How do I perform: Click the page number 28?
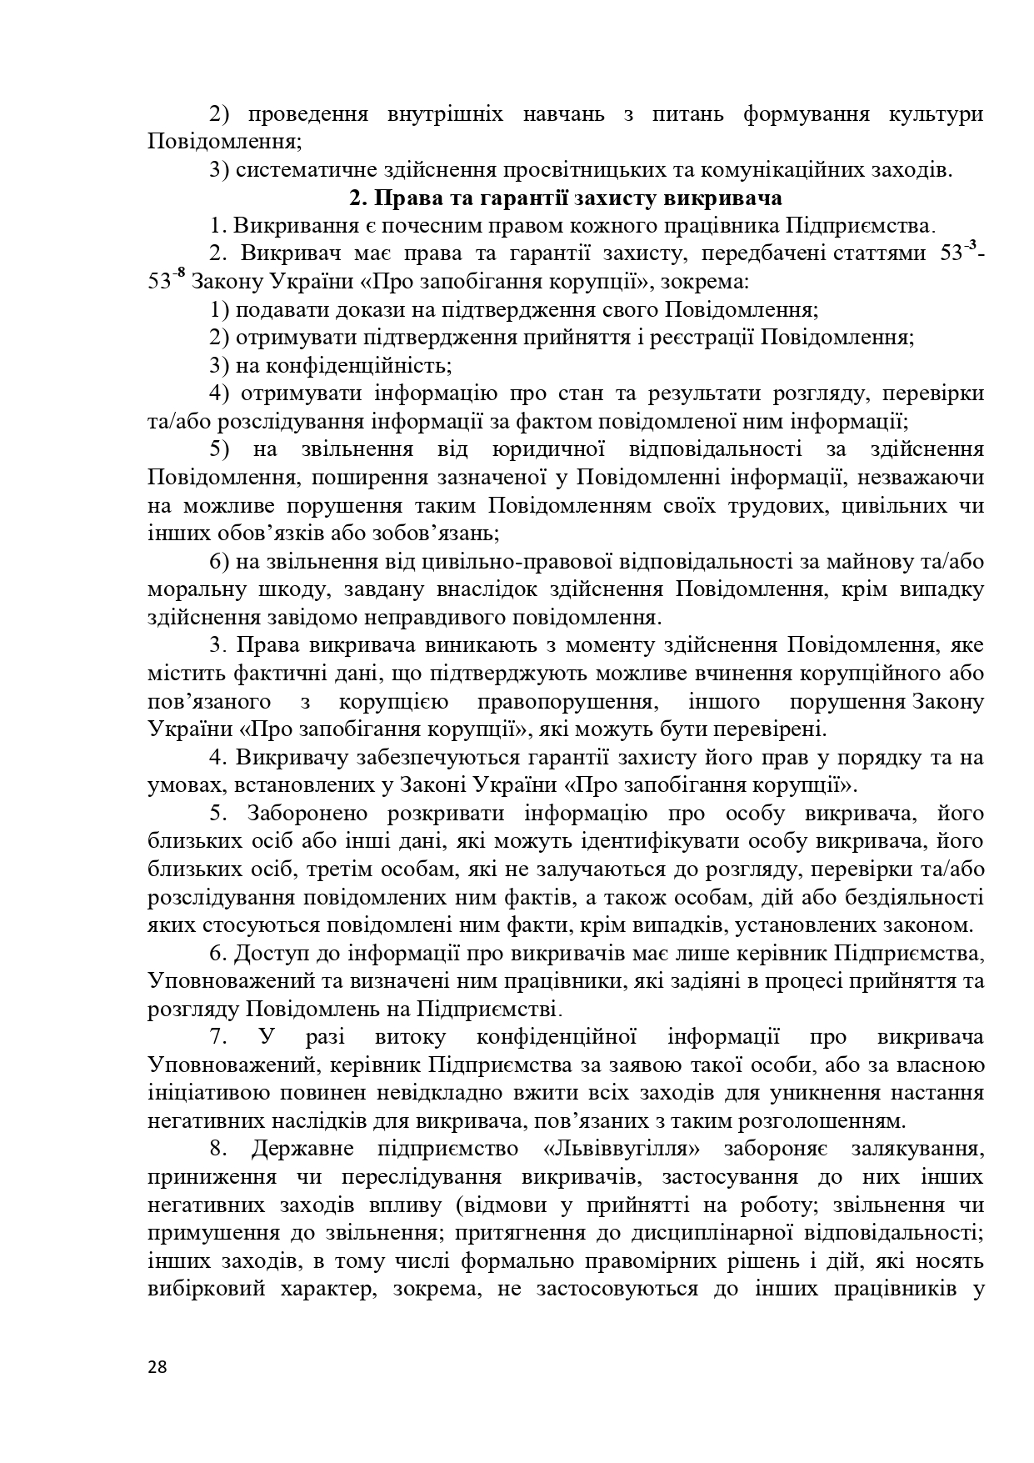[157, 1366]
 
